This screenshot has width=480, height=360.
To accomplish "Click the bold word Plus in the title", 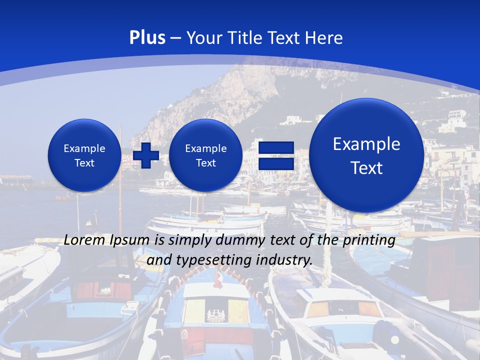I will click(x=147, y=37).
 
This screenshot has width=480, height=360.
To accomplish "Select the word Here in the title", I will click(x=325, y=37).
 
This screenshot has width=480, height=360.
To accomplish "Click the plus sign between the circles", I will click(x=145, y=155).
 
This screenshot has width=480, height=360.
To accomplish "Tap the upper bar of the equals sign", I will click(x=275, y=147).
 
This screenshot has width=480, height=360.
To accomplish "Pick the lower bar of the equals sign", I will click(x=275, y=164).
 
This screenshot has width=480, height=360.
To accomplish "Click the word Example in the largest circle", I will click(x=366, y=144).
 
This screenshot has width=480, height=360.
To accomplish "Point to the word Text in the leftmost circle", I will click(x=84, y=163).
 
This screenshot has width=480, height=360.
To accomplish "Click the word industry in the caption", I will click(x=284, y=260).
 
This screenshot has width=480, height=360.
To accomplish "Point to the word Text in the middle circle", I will click(x=206, y=163).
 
